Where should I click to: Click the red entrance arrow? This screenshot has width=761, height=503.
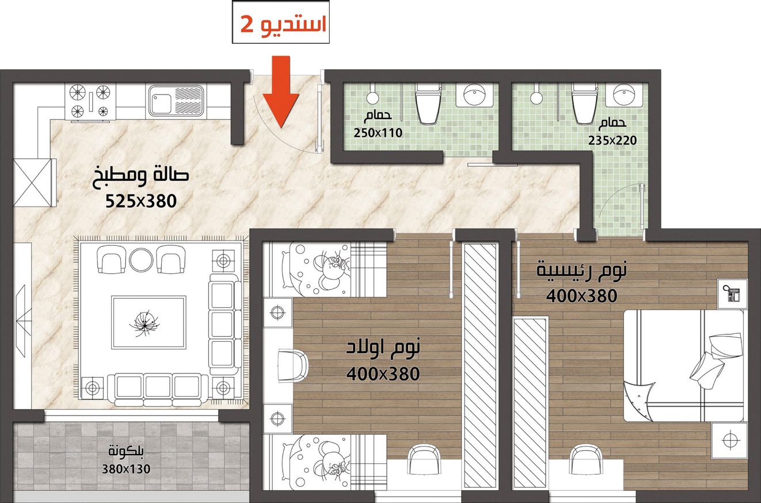(x=280, y=92)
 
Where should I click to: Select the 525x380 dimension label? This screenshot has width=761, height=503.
(x=141, y=201)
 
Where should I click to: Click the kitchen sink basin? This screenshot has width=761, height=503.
(x=161, y=100)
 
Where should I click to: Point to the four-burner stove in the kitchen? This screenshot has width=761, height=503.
(x=90, y=101)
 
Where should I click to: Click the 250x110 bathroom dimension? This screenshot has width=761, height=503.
(x=378, y=133)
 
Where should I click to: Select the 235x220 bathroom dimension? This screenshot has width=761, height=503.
(x=612, y=140)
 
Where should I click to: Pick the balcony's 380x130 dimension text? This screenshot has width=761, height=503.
(x=126, y=469)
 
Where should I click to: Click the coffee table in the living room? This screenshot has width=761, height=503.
(x=149, y=322)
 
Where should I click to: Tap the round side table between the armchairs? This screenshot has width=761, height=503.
(x=141, y=260)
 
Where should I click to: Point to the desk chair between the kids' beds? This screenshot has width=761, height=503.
(x=293, y=367)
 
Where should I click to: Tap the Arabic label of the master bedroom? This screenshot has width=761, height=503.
(x=581, y=270)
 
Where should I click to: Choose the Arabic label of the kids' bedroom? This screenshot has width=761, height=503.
(x=383, y=347)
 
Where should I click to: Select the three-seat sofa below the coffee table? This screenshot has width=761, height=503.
(x=158, y=389)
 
